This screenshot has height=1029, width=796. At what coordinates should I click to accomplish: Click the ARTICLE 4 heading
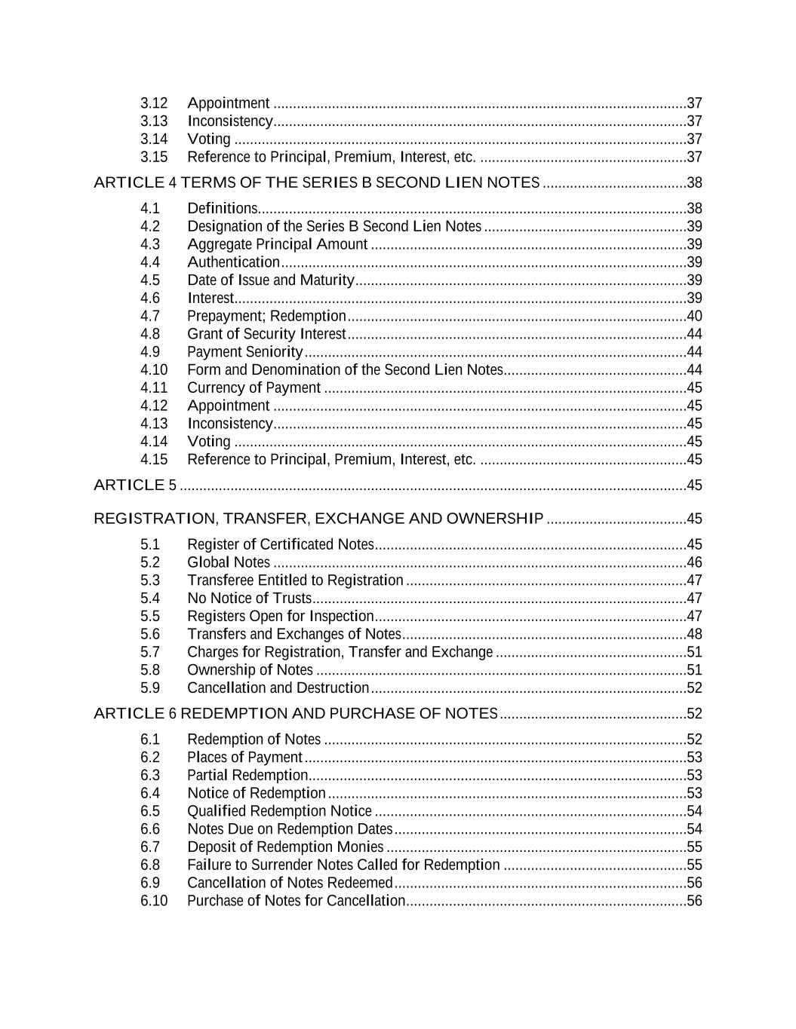[316, 182]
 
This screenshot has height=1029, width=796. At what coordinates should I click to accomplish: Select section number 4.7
[150, 316]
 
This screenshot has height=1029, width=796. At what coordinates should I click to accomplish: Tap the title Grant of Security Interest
[266, 334]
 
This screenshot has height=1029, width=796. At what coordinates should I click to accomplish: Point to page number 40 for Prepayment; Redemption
[694, 316]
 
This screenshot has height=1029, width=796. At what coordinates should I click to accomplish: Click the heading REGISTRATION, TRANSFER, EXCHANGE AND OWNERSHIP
[318, 519]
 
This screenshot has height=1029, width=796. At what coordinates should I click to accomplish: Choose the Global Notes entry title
[228, 562]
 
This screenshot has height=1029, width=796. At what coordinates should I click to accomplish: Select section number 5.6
[150, 634]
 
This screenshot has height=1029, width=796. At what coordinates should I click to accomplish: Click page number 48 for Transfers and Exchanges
[694, 634]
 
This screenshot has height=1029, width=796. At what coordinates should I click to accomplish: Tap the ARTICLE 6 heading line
[295, 713]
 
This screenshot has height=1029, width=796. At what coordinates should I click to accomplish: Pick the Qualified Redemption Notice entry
[279, 811]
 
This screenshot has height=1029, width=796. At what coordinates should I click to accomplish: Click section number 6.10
[154, 901]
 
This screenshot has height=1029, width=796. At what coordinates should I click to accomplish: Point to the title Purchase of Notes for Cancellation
[296, 901]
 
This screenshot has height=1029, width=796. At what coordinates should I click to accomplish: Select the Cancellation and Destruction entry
[278, 688]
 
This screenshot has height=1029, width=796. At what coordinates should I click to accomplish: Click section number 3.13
[154, 121]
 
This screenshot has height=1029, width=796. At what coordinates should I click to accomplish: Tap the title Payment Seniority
[244, 352]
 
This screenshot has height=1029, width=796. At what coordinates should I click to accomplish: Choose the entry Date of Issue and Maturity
[270, 280]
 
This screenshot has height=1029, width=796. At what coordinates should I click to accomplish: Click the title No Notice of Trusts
[249, 599]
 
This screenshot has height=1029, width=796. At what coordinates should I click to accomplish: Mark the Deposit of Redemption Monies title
[285, 847]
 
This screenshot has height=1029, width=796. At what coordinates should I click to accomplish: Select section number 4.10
[154, 369]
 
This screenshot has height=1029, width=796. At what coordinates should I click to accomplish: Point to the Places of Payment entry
[244, 757]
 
